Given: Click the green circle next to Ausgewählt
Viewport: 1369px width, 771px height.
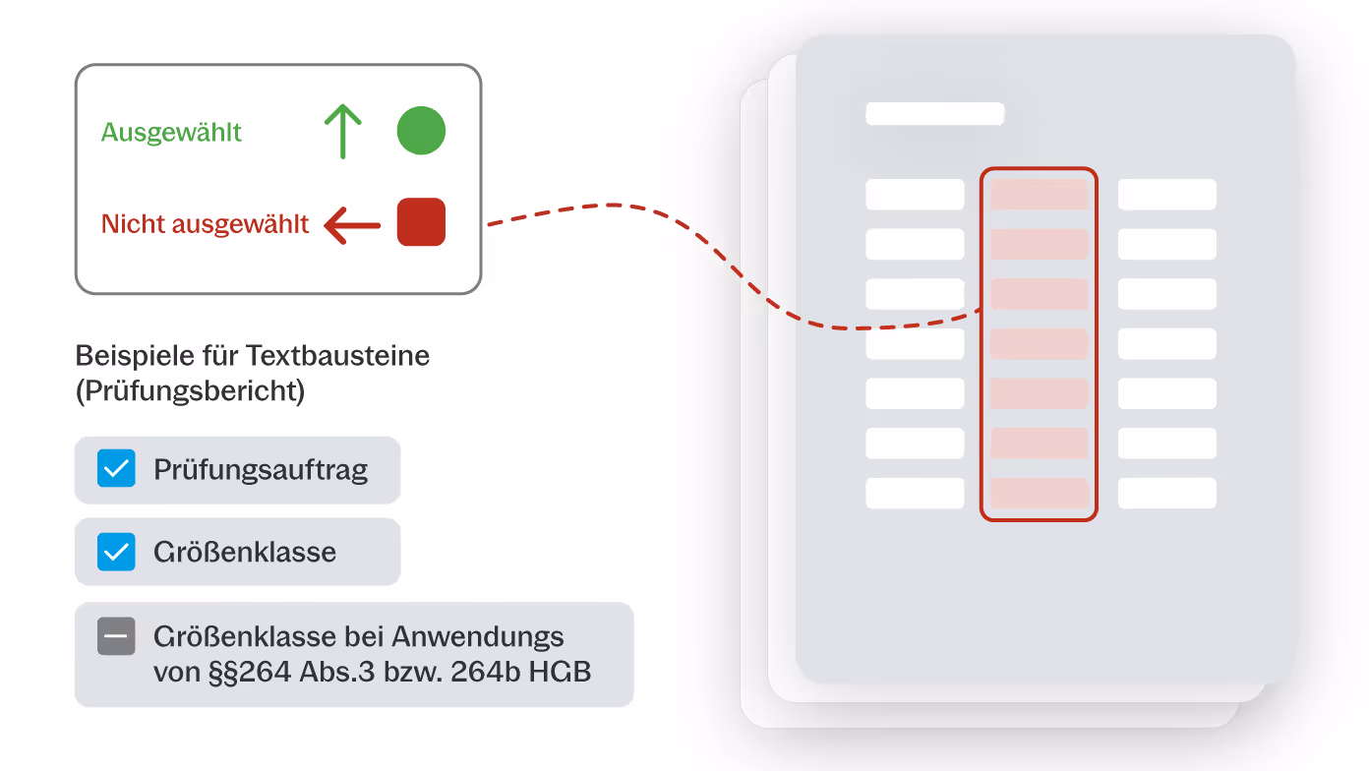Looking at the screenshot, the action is [421, 132].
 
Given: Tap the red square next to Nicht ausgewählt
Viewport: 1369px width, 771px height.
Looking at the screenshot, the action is [421, 222].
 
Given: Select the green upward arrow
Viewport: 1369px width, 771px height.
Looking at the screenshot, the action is [342, 132].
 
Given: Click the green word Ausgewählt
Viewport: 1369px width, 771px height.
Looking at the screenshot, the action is [171, 133].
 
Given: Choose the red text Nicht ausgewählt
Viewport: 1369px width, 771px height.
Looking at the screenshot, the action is [205, 224].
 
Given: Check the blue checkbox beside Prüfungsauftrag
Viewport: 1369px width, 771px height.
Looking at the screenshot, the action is [116, 469].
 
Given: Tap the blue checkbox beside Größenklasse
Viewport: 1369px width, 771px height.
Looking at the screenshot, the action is [116, 552].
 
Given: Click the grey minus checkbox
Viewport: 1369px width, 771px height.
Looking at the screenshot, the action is [116, 636].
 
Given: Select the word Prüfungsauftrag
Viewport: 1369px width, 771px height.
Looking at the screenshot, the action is [261, 470].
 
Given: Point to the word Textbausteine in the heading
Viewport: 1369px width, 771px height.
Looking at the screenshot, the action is [338, 355].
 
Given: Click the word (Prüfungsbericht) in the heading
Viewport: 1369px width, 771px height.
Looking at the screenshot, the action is [190, 390].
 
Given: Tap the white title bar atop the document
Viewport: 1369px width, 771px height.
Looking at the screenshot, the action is [934, 113].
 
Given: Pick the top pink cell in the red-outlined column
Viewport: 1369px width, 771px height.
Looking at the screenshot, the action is [1039, 194].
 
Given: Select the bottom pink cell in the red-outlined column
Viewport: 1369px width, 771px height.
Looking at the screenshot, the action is [1039, 493].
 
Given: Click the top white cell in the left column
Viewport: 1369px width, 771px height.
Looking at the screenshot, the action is [915, 194].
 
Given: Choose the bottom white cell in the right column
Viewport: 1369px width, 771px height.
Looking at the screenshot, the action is [1167, 493].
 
